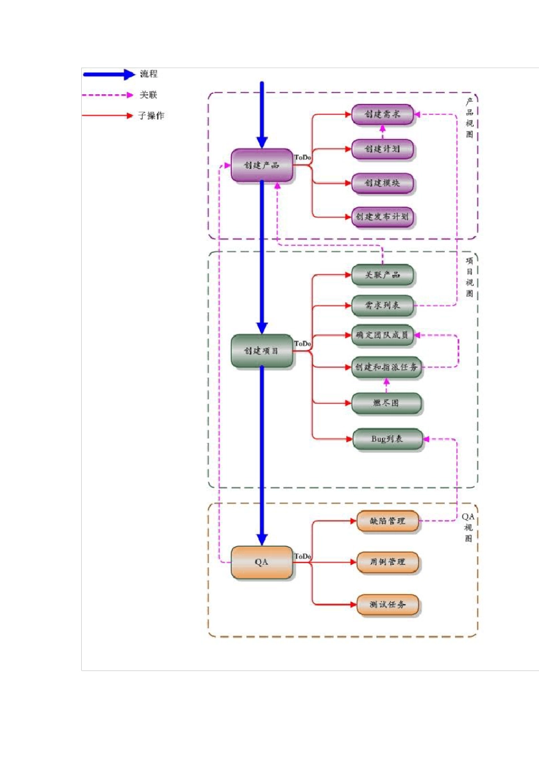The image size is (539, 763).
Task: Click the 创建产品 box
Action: point(262,165)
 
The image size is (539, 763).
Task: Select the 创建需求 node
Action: point(382,115)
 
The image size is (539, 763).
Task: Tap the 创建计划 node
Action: point(382,149)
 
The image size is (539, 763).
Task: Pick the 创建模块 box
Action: point(382,183)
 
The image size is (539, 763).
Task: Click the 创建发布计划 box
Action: point(382,217)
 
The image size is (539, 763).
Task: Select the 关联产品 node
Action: point(382,275)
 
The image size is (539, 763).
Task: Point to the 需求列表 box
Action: point(382,306)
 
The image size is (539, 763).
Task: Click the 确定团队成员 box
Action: point(382,336)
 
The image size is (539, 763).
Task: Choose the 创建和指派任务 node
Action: point(386,367)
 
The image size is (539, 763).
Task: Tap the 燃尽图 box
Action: point(386,403)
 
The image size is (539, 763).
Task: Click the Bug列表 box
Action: point(388,439)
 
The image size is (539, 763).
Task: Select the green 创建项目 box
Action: point(262,351)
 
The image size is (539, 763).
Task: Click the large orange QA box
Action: point(262,562)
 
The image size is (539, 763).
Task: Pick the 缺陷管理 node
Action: point(388,521)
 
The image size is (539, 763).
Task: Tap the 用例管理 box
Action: point(388,562)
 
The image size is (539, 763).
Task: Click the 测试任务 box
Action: point(388,605)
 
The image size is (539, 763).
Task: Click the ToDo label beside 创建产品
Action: point(303,157)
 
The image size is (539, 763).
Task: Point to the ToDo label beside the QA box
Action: point(303,556)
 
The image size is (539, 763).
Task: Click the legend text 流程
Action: point(149,74)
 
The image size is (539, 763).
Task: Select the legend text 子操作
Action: point(151,116)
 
